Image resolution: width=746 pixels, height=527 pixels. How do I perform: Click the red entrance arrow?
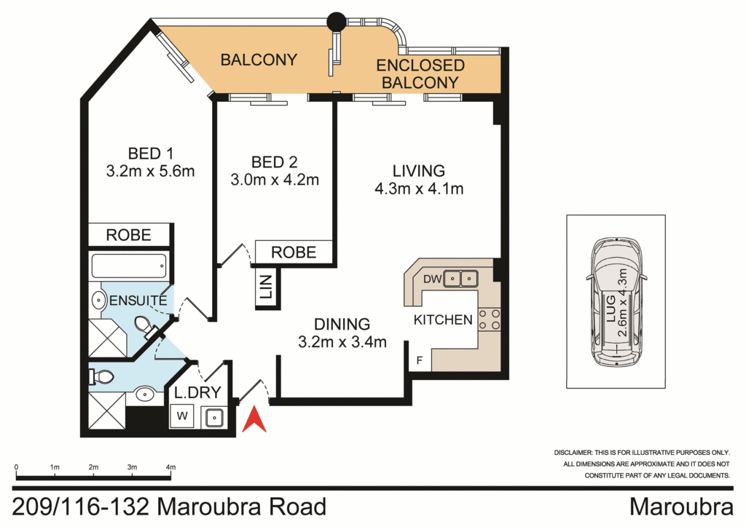tap(254, 420)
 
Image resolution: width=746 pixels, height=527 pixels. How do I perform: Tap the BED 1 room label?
tap(151, 154)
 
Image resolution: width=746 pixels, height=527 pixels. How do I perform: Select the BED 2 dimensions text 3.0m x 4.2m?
tap(274, 179)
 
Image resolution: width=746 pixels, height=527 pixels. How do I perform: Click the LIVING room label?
tap(418, 171)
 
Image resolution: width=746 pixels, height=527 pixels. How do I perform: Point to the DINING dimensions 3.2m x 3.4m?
tap(342, 342)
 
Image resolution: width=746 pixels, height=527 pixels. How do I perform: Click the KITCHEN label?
tap(443, 320)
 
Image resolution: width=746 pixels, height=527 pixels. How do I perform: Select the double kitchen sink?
tap(461, 277)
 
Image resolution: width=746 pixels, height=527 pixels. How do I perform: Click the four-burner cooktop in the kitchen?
tap(489, 318)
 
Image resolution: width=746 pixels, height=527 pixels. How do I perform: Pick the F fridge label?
tap(419, 360)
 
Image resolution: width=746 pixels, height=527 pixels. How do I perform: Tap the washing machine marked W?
tap(181, 417)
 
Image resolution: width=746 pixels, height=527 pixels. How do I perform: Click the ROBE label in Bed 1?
tap(129, 235)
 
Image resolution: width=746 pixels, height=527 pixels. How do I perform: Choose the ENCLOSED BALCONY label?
tap(420, 74)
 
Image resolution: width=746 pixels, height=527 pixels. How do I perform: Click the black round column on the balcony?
tap(336, 22)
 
